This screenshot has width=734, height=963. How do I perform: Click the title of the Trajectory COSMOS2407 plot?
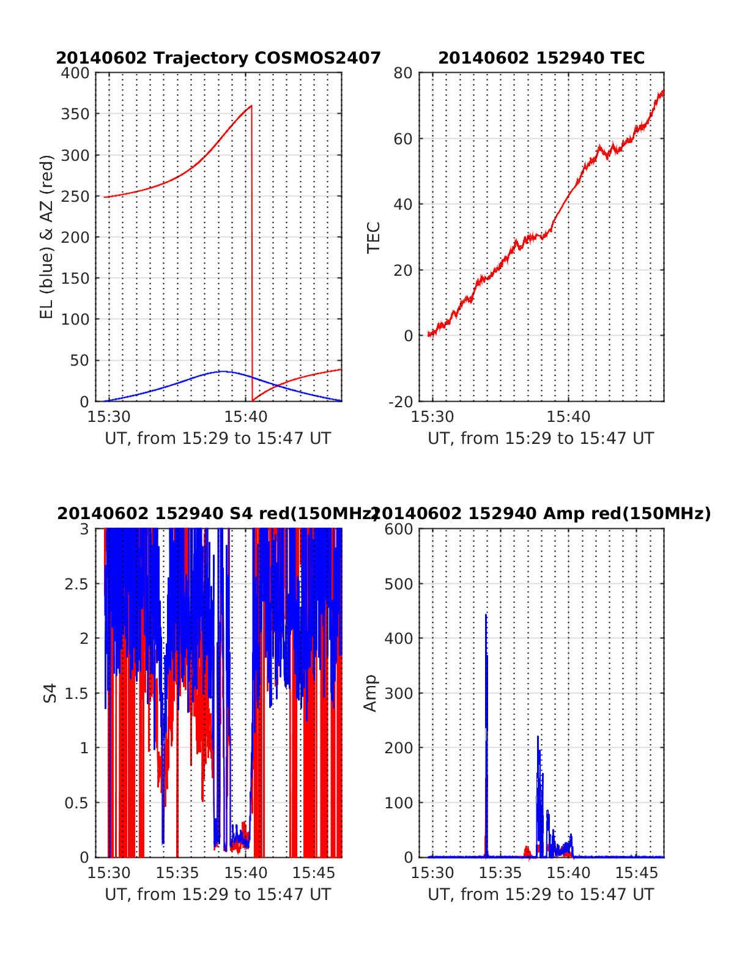(218, 58)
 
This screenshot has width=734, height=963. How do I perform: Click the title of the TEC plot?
(541, 58)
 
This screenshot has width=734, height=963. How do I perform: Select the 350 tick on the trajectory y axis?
(75, 114)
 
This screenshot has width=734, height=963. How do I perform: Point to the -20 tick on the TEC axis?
(401, 401)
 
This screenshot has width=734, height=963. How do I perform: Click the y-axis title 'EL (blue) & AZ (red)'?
(47, 237)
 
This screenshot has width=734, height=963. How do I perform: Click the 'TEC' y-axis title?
(374, 237)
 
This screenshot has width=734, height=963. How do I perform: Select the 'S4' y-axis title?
(50, 693)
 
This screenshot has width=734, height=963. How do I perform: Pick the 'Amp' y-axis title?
(371, 693)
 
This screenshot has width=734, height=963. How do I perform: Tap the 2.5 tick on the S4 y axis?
(77, 584)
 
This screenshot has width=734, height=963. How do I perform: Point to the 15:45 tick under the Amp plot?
(637, 873)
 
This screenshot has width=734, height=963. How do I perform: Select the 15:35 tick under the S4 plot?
(178, 873)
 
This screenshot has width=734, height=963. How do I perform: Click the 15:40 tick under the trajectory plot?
(246, 417)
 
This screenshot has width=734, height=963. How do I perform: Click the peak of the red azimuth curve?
(251, 106)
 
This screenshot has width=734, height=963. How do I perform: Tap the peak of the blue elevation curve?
(223, 371)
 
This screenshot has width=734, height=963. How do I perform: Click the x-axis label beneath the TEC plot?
(541, 438)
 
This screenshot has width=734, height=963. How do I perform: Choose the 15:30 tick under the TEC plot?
(433, 417)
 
